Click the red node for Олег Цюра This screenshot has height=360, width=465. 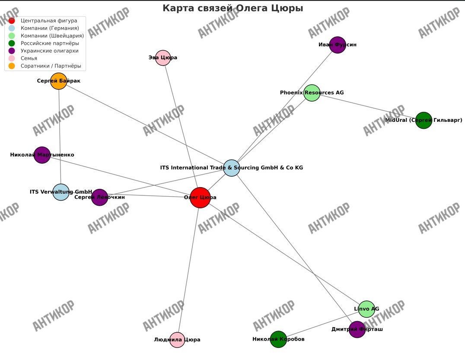coord(200,198)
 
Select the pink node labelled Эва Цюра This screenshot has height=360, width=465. coord(163,58)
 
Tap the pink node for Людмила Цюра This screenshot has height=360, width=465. coord(177,340)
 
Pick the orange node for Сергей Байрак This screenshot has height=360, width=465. coord(59,81)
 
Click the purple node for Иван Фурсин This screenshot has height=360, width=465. coord(338,45)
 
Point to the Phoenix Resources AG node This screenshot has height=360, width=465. coord(312,93)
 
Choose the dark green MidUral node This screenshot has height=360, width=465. coord(424,120)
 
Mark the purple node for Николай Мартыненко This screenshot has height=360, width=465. coord(42,155)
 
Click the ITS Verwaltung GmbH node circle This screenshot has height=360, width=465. coord(61,192)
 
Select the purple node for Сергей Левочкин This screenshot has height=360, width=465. coord(100,197)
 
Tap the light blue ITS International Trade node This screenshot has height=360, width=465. coord(232,168)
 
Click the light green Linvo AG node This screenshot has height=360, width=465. coord(366,309)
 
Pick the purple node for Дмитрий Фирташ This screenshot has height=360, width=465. coord(357,329)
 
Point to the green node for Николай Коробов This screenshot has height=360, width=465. coord(278,339)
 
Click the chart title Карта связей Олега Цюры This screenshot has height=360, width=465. coord(232,8)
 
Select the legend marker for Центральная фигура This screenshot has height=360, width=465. coord(12,21)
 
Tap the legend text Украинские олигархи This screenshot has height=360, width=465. coord(50,51)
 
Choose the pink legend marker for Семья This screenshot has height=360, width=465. coord(12,58)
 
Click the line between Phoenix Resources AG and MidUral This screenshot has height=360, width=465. coord(367,106)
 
